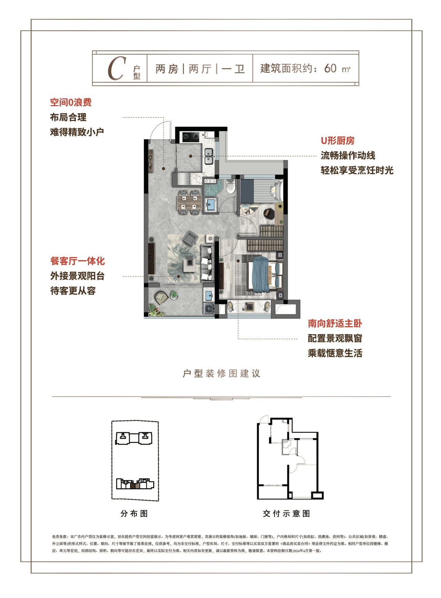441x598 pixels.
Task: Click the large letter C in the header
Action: point(115,69)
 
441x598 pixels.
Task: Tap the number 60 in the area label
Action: point(330,68)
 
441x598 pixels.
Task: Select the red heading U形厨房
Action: point(337,141)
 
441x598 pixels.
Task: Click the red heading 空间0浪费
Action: point(71,102)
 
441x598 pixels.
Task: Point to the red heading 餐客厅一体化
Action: point(78,261)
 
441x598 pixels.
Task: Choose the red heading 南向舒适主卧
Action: point(335,323)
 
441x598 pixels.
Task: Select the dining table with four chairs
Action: point(189,202)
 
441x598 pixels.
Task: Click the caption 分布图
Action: point(134,514)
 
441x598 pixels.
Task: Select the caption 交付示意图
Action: point(287,514)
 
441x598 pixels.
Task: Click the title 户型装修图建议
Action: point(221,373)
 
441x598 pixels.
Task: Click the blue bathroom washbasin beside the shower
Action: point(210,205)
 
